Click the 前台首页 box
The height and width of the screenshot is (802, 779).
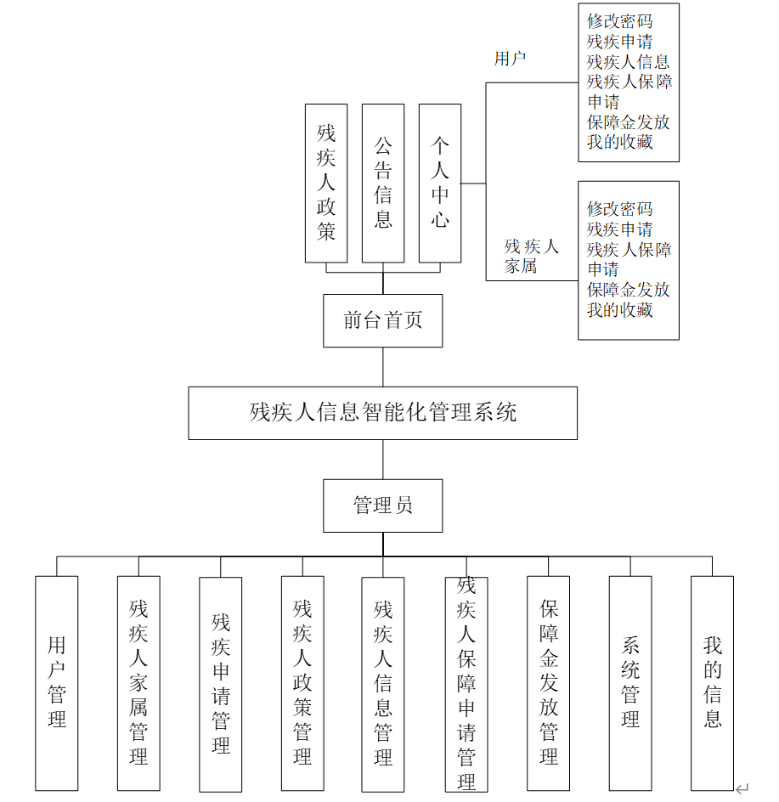[382, 320]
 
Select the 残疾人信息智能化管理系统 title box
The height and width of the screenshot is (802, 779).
[382, 413]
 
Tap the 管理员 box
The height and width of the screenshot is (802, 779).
[382, 506]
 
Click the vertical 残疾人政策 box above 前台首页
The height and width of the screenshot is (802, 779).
[326, 183]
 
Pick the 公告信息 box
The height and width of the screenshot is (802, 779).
[383, 183]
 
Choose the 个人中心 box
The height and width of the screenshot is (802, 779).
[439, 183]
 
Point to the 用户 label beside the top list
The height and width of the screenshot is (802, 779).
[510, 59]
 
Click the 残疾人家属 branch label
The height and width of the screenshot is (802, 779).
[531, 256]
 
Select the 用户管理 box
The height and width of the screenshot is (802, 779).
[57, 683]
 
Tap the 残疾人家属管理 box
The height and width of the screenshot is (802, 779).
[138, 683]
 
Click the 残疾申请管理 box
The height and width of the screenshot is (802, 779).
[221, 684]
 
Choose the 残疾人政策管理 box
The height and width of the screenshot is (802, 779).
[302, 683]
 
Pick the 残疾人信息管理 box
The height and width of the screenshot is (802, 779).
[383, 683]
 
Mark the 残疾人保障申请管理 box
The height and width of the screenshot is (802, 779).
[466, 683]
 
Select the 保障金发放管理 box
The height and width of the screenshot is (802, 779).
[548, 683]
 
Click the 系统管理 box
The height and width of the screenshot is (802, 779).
[630, 683]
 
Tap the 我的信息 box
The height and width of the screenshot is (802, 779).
[712, 683]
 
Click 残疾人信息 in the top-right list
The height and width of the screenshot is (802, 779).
[628, 61]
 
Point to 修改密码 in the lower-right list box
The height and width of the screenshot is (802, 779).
[619, 208]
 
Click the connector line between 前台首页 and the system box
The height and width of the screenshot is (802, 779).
[383, 367]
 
